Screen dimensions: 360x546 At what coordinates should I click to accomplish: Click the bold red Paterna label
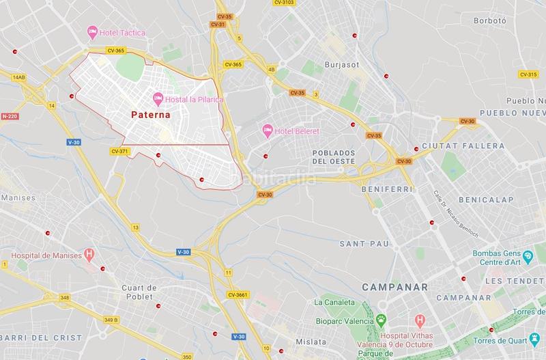(151, 115)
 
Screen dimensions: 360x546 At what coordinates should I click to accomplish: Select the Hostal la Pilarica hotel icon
(157, 99)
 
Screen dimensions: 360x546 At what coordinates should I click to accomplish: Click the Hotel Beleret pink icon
(268, 130)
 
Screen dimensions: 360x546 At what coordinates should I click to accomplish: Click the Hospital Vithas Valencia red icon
(420, 319)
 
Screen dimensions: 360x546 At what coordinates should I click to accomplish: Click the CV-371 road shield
(119, 151)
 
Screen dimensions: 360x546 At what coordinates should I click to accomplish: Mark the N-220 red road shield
(10, 117)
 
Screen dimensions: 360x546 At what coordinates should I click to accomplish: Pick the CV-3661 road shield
(238, 294)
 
